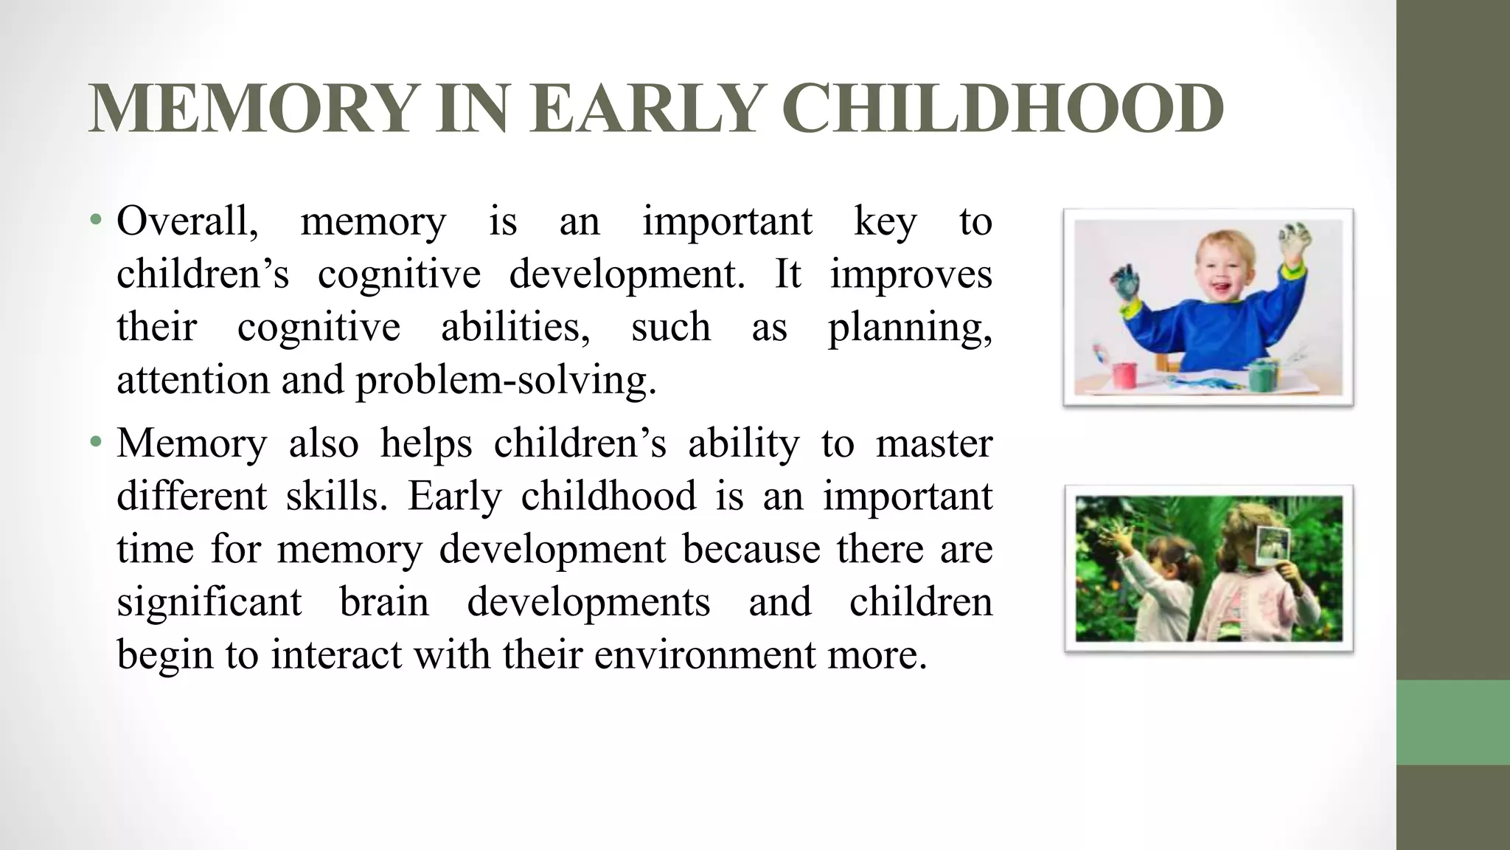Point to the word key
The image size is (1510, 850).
point(885,222)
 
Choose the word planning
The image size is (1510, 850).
point(909,328)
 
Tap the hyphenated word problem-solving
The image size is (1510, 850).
point(506,381)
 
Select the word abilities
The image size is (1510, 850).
point(515,327)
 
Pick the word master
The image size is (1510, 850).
point(934,443)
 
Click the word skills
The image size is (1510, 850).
point(336,496)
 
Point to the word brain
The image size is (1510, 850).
point(384,601)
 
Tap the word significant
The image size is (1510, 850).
point(209,601)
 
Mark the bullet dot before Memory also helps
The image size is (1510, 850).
point(94,443)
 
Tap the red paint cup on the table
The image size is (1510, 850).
point(1126,375)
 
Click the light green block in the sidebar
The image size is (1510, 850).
point(1452,722)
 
